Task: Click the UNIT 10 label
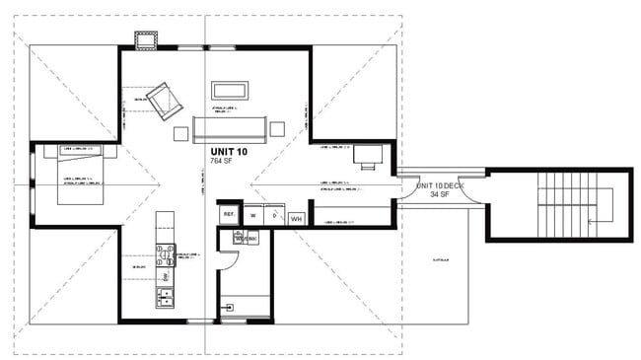coord(229,152)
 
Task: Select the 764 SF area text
coord(221,161)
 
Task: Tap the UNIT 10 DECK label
coord(439,185)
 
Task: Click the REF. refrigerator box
coord(228,214)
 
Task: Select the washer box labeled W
coord(253,215)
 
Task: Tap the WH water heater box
coord(296,217)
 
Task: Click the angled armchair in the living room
coord(160,100)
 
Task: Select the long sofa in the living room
coord(230,127)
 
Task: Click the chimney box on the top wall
coord(149,38)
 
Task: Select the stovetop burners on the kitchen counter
coord(165,255)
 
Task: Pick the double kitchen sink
coord(164,295)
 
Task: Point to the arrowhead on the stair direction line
coord(589,222)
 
